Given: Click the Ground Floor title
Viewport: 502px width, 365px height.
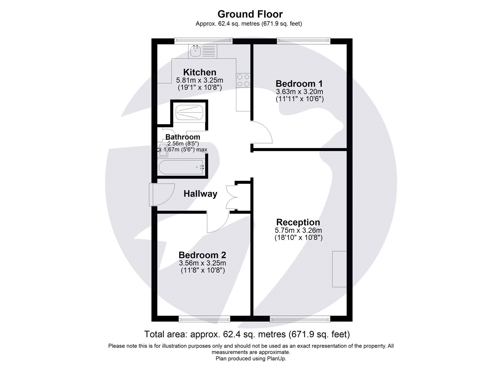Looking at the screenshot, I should click(250, 14).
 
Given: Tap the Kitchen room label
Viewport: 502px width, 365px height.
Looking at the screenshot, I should click(200, 72).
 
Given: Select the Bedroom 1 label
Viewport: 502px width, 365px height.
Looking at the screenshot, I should click(299, 84).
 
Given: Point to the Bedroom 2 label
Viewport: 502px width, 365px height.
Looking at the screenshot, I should click(202, 255).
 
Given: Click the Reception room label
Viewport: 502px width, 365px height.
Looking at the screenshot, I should click(298, 222).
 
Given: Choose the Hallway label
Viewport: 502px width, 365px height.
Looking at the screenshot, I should click(200, 194).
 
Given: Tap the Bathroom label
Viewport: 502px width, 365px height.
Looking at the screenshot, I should click(183, 137).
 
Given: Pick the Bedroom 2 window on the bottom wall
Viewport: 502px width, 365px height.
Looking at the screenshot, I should click(204, 319).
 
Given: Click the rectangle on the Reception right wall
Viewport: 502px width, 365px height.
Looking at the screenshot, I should click(339, 269).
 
